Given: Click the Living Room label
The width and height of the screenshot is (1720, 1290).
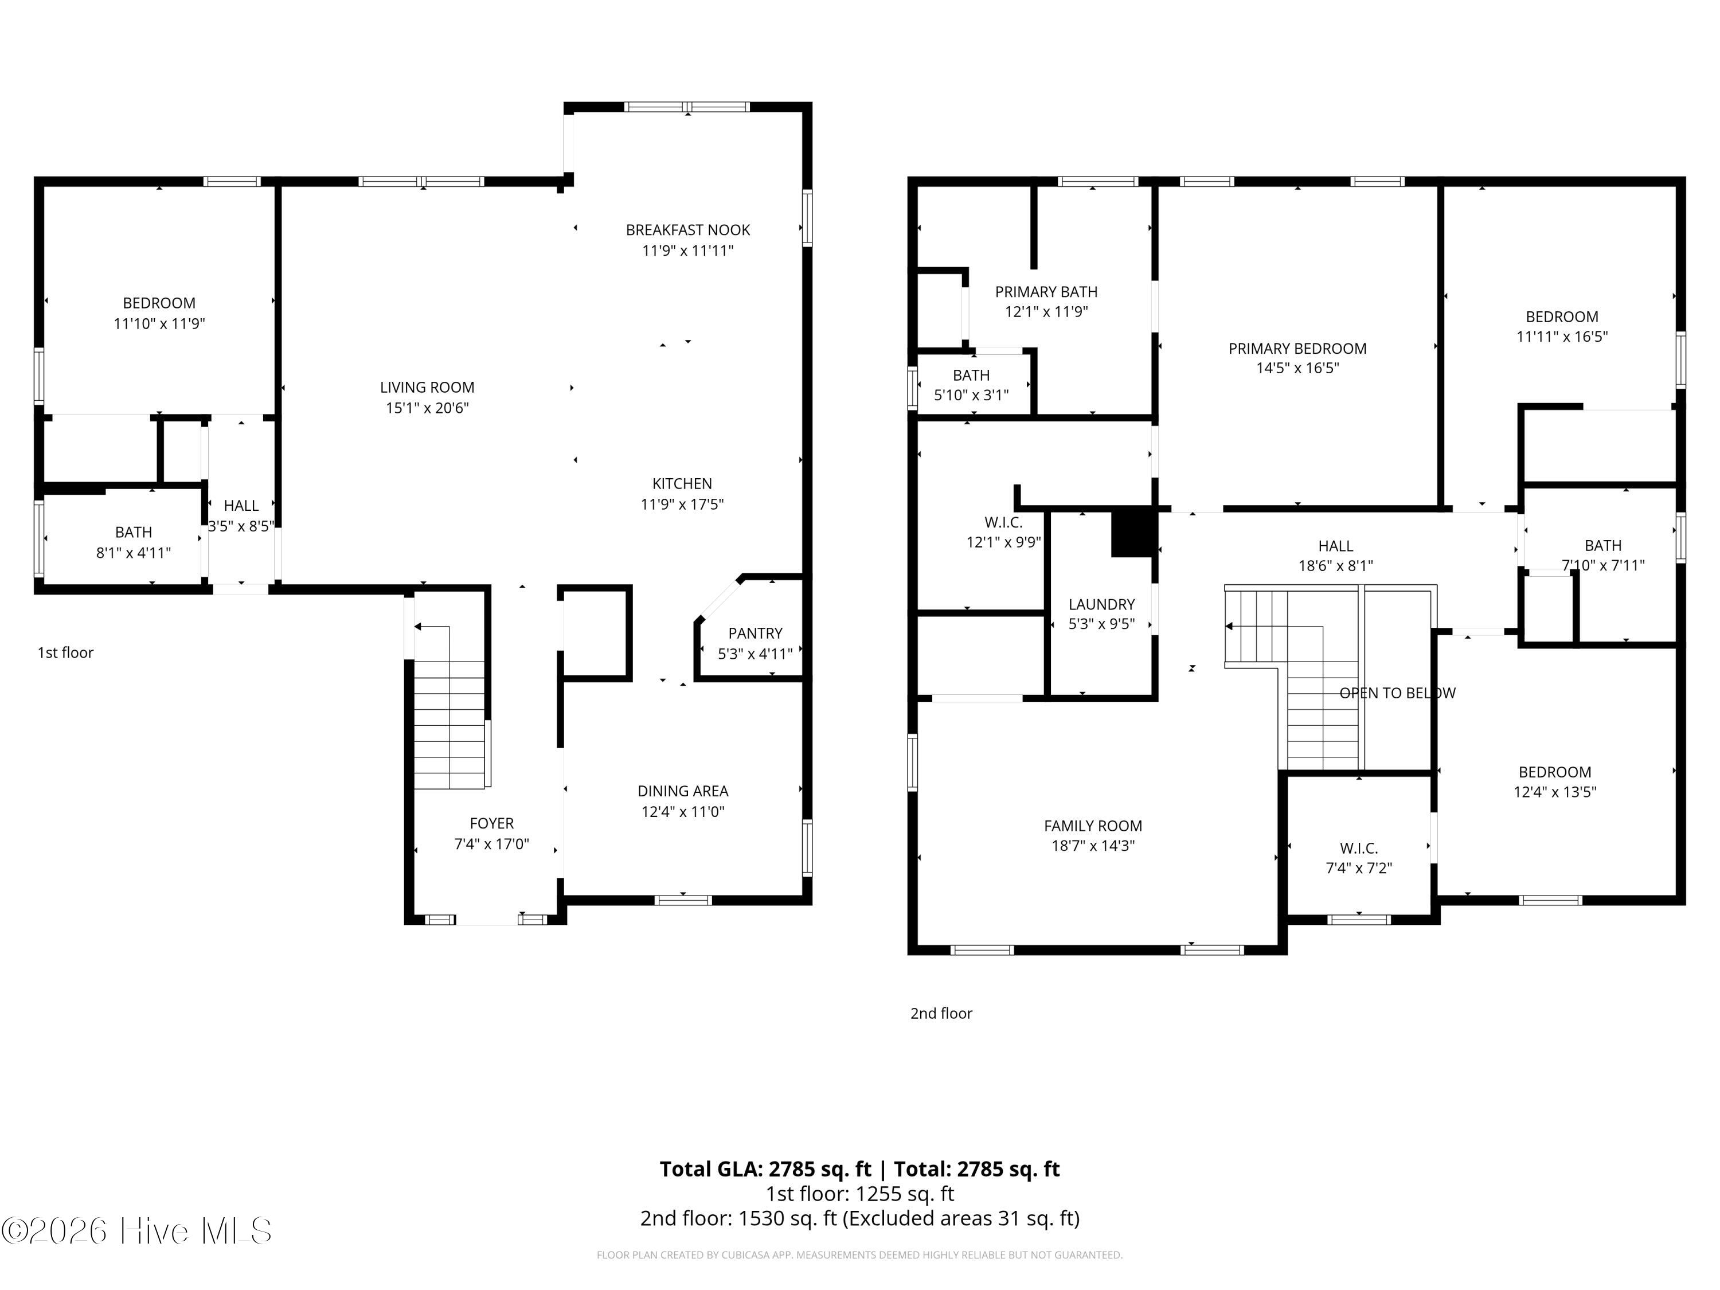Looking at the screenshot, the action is [x=427, y=387].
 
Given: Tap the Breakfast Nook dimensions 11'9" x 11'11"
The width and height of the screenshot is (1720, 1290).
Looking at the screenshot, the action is [x=687, y=251].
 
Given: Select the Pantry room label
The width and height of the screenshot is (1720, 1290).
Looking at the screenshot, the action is [x=755, y=633].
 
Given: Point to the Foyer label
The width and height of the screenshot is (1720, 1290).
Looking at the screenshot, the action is [x=491, y=823].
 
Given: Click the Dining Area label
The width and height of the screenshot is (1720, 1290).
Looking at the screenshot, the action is [x=683, y=791].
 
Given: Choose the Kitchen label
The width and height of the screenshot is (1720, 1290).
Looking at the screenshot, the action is [x=682, y=484].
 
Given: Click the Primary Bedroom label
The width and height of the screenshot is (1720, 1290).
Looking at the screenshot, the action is [x=1297, y=349].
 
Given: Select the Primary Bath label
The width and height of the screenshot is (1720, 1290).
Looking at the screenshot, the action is [x=1046, y=292].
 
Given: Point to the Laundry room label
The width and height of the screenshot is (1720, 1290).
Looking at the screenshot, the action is [x=1101, y=604].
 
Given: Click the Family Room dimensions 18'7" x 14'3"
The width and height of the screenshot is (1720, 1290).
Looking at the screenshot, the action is [x=1093, y=845].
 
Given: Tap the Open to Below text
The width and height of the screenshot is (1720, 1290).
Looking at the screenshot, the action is [x=1397, y=693].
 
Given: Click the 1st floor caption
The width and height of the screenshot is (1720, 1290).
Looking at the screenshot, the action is [x=65, y=652].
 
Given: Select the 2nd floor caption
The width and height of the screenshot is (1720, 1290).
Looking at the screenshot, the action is [x=941, y=1013].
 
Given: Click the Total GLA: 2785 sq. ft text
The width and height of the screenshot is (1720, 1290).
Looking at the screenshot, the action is [x=765, y=1168].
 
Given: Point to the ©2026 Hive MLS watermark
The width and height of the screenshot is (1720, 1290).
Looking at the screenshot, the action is [x=137, y=1231].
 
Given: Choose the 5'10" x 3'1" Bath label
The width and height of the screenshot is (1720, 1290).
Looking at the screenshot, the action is [x=971, y=385].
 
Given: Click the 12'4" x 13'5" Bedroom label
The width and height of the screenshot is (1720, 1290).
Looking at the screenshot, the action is [x=1554, y=781].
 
